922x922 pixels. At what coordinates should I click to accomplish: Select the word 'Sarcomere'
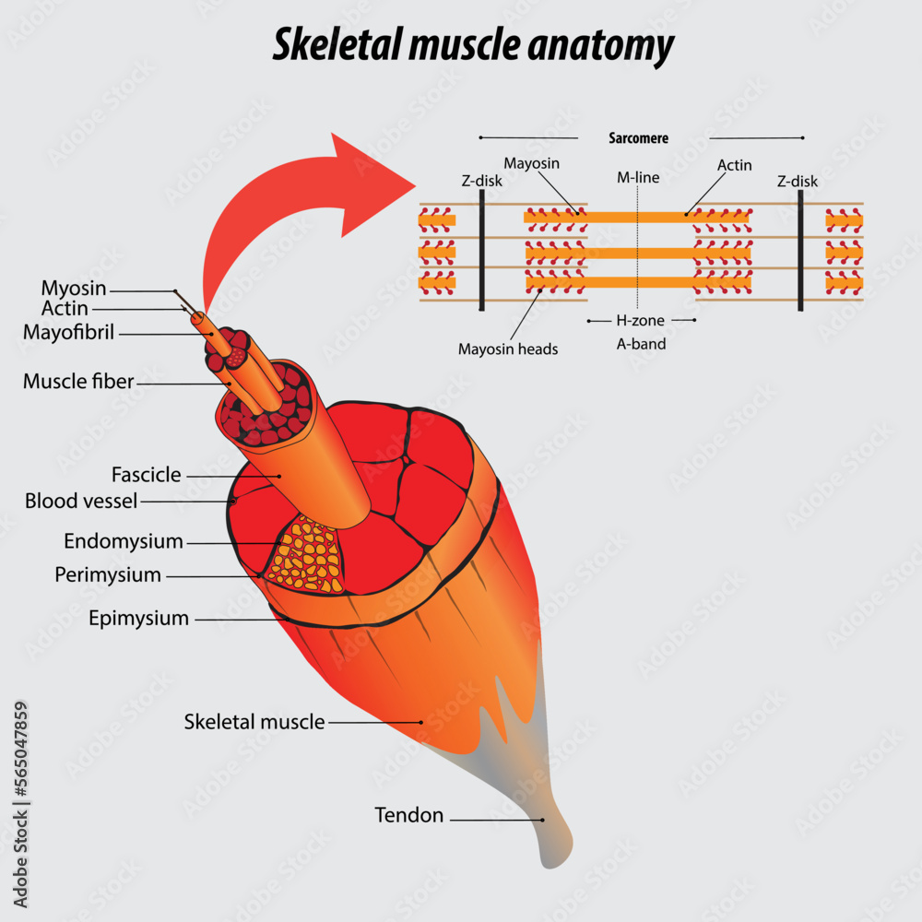638,138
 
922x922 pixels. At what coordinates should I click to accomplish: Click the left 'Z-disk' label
481,182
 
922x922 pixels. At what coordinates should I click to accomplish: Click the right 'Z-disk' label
798,182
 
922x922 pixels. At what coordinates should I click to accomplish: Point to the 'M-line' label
638,177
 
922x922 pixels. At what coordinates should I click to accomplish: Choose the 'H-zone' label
640,321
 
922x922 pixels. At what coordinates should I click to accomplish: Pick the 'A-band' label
641,344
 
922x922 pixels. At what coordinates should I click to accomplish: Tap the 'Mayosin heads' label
508,349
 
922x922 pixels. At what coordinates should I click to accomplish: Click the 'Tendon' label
408,815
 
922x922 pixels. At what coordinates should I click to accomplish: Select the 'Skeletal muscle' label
254,722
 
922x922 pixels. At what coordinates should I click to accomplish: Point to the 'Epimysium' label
138,618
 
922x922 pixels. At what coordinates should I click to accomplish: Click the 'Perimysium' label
108,575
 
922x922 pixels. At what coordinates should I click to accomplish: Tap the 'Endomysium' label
124,541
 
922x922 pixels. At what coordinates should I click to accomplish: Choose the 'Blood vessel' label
81,502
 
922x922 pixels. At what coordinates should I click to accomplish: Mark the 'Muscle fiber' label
79,381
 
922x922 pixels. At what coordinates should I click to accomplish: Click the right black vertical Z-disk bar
799,250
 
